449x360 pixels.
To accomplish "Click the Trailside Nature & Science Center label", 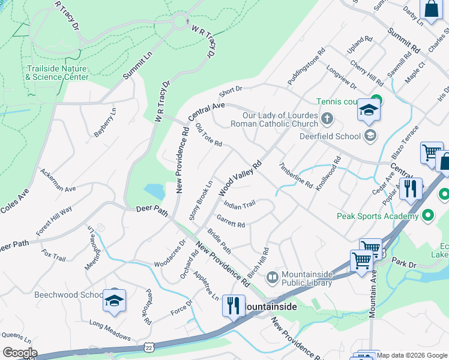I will click(58, 73).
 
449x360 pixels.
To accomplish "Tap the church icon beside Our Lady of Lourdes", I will click(327, 118).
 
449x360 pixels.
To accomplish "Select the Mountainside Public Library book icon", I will click(272, 277).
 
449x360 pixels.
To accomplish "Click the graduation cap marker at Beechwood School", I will click(114, 301).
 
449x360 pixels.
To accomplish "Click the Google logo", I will click(19, 353).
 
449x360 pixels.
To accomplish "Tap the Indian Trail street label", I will click(240, 204).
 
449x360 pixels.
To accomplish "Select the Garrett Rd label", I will click(231, 221).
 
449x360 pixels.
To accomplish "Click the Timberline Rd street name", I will click(295, 175).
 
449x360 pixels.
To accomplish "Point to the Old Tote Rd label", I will click(209, 136).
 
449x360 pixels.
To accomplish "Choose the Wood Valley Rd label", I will click(241, 178).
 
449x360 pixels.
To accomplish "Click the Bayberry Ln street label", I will click(105, 123).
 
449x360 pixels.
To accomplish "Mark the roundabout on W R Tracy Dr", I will click(180, 22).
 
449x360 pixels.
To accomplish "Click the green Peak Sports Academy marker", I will click(428, 215).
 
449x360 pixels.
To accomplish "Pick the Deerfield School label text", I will click(330, 136).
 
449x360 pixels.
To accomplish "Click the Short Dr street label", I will click(231, 91).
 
